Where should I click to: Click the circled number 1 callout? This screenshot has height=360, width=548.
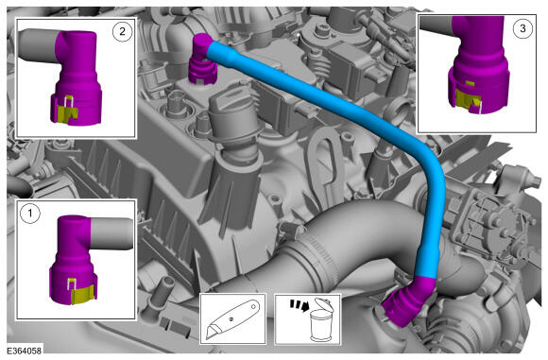pos(29,213)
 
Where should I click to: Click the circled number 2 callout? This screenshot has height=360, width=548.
pos(122,32)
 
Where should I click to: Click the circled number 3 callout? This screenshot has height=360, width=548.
pos(522,28)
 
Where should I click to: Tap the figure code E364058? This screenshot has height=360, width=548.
pos(25,351)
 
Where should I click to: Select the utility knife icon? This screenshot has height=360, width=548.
pos(232,318)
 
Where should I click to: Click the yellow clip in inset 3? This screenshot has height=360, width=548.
pos(466,98)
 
